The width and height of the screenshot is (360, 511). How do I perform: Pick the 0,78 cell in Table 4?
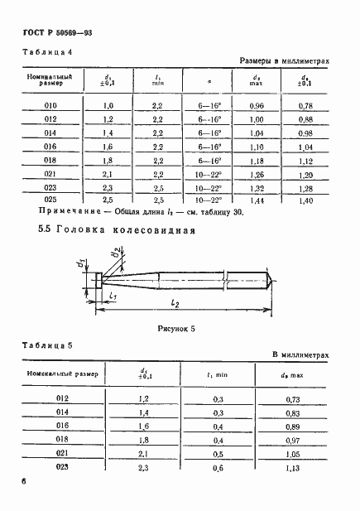point(305,106)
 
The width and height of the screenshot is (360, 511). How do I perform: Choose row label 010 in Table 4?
point(50,106)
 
